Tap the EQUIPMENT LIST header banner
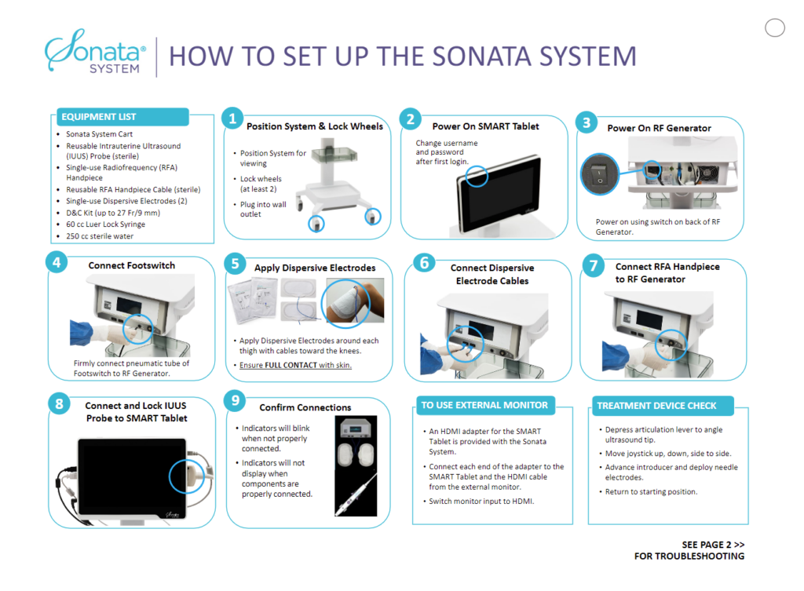click(x=122, y=117)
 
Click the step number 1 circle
click(x=232, y=119)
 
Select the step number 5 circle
click(x=233, y=262)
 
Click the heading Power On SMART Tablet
click(x=485, y=126)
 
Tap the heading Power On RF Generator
click(x=659, y=128)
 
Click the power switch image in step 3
click(x=600, y=174)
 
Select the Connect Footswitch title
click(x=132, y=265)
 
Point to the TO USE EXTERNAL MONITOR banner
click(x=484, y=405)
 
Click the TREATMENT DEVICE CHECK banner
click(x=656, y=406)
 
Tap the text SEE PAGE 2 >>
click(x=713, y=545)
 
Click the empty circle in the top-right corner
click(x=774, y=28)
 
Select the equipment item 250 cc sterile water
click(x=100, y=235)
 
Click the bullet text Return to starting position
click(x=651, y=492)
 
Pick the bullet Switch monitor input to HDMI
click(x=481, y=501)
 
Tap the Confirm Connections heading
click(x=305, y=407)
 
